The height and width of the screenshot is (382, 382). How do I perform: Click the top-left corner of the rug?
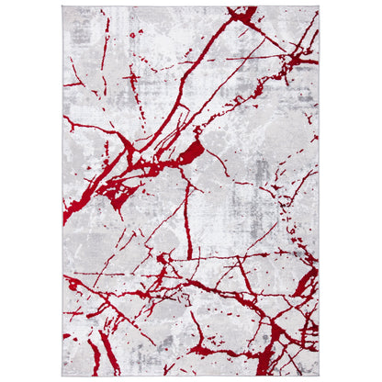[x=62, y=7]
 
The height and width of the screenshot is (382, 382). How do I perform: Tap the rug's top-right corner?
[x=319, y=7]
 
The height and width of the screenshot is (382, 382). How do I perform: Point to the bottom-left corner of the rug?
[x=62, y=375]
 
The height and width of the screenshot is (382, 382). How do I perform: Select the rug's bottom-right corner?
[x=319, y=375]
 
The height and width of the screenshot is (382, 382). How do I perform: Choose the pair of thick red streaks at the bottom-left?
[x=98, y=354]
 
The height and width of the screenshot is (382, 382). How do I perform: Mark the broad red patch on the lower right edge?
[x=308, y=280]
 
